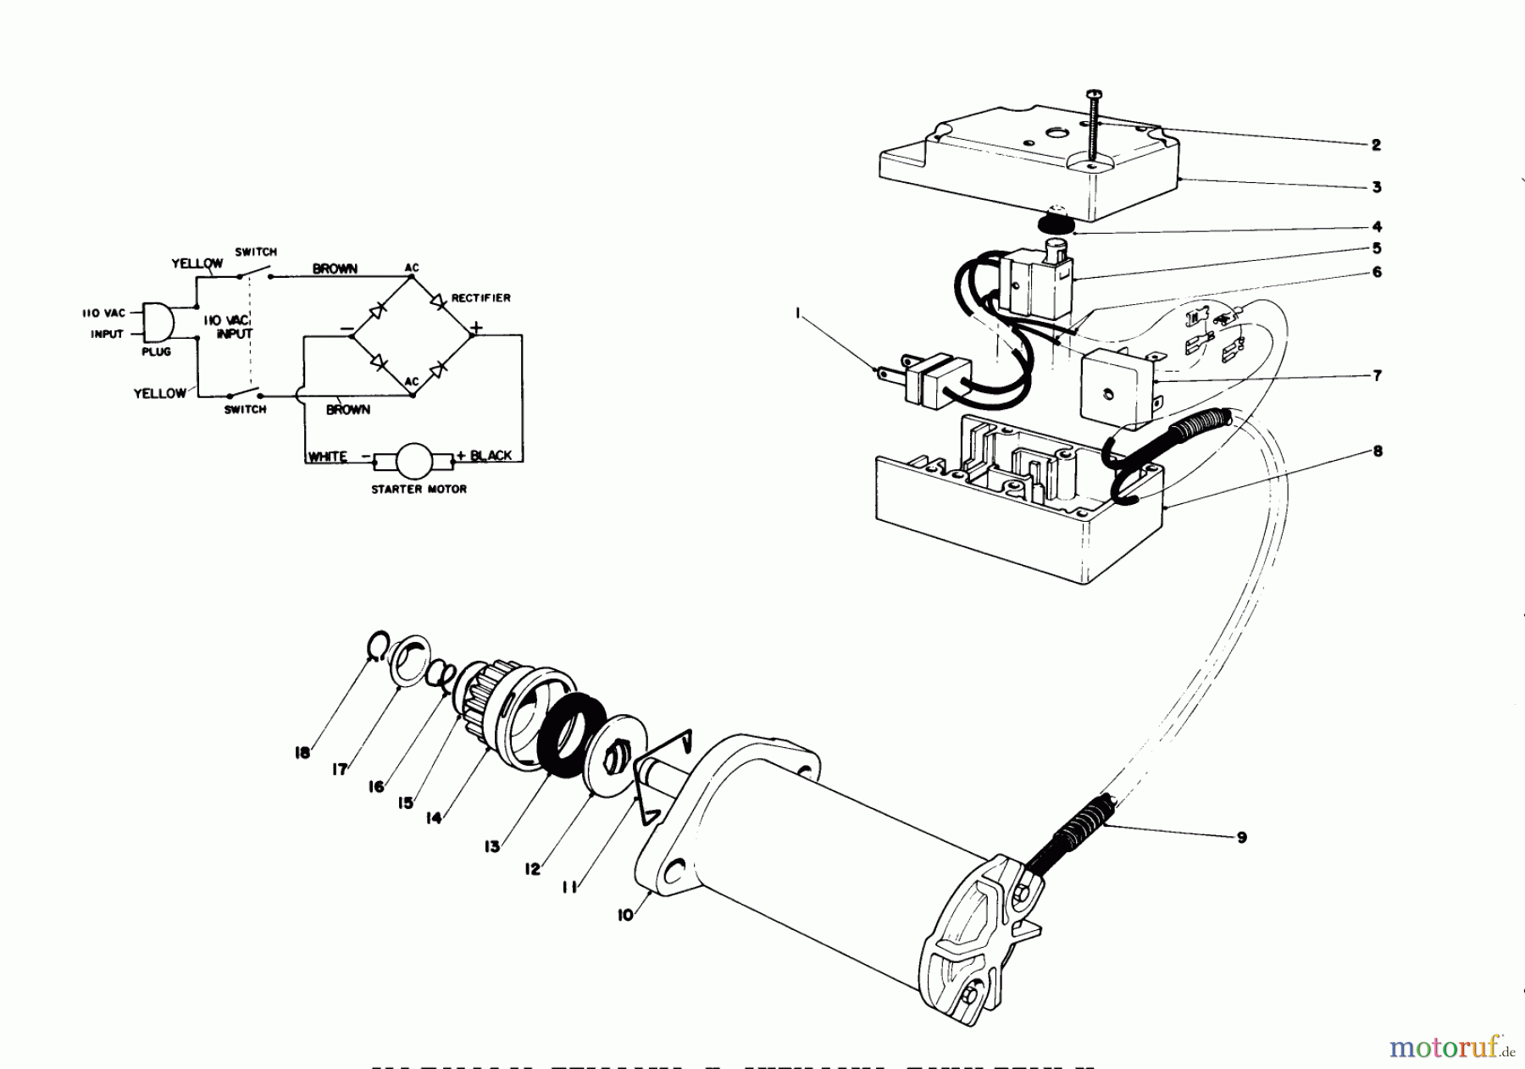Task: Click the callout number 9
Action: (x=1241, y=838)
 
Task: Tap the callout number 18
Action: (x=302, y=752)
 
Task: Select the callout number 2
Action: (x=1376, y=145)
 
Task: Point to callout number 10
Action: (x=625, y=916)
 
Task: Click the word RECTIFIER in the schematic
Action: (x=480, y=298)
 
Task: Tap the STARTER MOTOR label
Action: (x=419, y=489)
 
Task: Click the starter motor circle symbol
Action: (x=414, y=460)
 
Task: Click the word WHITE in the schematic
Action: (x=328, y=457)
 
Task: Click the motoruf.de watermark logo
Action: (x=1450, y=1048)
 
